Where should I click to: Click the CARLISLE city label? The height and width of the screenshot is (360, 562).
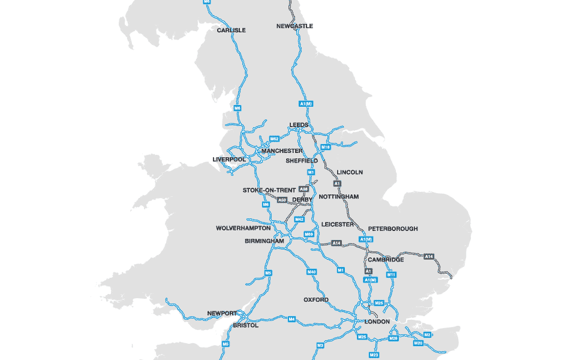232,30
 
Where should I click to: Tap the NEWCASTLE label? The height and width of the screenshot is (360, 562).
294,26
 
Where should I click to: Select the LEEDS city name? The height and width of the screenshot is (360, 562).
299,125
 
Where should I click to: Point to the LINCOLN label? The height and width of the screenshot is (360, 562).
350,172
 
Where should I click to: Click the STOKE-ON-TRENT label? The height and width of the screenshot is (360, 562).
269,190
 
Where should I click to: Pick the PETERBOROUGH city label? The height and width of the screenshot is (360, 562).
393,229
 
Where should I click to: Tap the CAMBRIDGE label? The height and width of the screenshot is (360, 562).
386,260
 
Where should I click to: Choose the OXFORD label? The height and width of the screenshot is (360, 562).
316,299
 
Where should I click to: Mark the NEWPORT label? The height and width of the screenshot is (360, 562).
223,314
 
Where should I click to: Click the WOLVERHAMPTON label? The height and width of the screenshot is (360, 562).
244,229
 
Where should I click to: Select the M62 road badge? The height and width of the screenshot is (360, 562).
275,139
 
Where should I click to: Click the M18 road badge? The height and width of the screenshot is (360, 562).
326,147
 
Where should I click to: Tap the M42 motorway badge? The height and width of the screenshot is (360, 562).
299,220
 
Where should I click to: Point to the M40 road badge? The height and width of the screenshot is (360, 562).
311,272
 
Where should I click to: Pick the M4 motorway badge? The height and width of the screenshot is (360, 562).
291,319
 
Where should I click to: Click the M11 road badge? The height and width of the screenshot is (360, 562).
391,275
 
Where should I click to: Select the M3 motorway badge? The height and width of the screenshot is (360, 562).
320,346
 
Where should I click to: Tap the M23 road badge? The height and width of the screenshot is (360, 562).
374,355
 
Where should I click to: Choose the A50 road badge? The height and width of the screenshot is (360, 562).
282,200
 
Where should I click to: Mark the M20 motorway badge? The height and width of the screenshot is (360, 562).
418,343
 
